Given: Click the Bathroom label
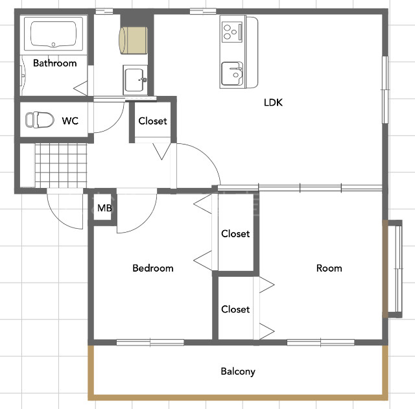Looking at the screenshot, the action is pyautogui.click(x=54, y=63).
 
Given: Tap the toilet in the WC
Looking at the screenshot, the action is pyautogui.click(x=40, y=120).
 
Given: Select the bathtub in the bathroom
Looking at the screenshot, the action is pyautogui.click(x=53, y=34).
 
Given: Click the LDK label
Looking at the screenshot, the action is pyautogui.click(x=273, y=102).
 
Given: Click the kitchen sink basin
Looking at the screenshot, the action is pyautogui.click(x=232, y=73).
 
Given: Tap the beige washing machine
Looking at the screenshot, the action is pyautogui.click(x=133, y=40).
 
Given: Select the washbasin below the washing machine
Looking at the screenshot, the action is pyautogui.click(x=136, y=80).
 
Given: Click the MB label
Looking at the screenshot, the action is pyautogui.click(x=104, y=208).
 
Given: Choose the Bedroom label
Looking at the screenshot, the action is pyautogui.click(x=153, y=268).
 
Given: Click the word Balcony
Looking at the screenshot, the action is pyautogui.click(x=238, y=371).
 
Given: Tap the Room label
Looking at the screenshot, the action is pyautogui.click(x=329, y=268).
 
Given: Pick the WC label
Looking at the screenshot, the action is pyautogui.click(x=70, y=121).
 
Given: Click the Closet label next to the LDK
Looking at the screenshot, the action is pyautogui.click(x=152, y=121).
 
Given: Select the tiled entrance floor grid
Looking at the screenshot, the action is pyautogui.click(x=61, y=166).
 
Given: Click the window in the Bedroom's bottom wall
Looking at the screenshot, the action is pyautogui.click(x=150, y=343).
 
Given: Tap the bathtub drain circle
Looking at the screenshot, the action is pyautogui.click(x=53, y=45).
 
